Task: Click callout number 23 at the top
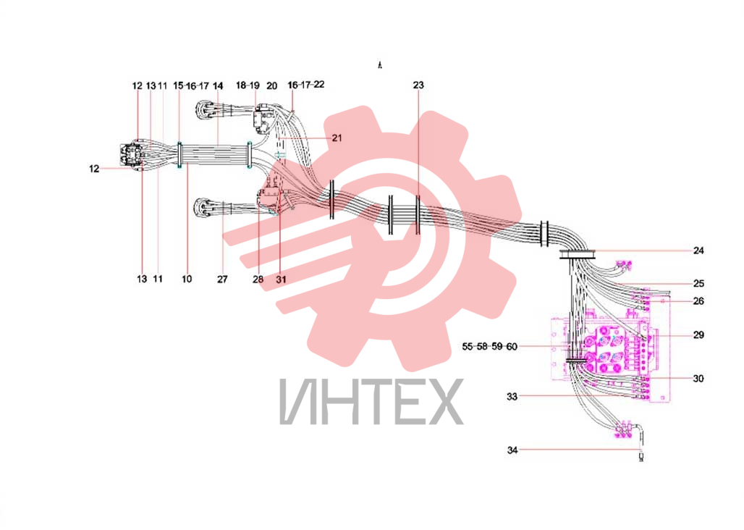click(418, 85)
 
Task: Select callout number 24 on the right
click(698, 251)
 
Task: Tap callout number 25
click(698, 284)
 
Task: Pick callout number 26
click(698, 300)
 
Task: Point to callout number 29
click(698, 335)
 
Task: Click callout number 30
click(698, 379)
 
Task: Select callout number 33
click(512, 396)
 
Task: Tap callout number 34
click(512, 450)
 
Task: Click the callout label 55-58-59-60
click(490, 346)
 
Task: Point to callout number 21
click(337, 138)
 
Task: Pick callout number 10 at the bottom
click(187, 279)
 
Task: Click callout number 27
click(222, 279)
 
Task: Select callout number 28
click(258, 279)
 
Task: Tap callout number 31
click(281, 279)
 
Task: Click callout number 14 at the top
click(218, 86)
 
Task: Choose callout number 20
click(271, 86)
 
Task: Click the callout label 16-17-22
click(306, 85)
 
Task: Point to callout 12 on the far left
click(94, 169)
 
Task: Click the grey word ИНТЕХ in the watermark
click(371, 401)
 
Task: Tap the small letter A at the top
click(379, 65)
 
